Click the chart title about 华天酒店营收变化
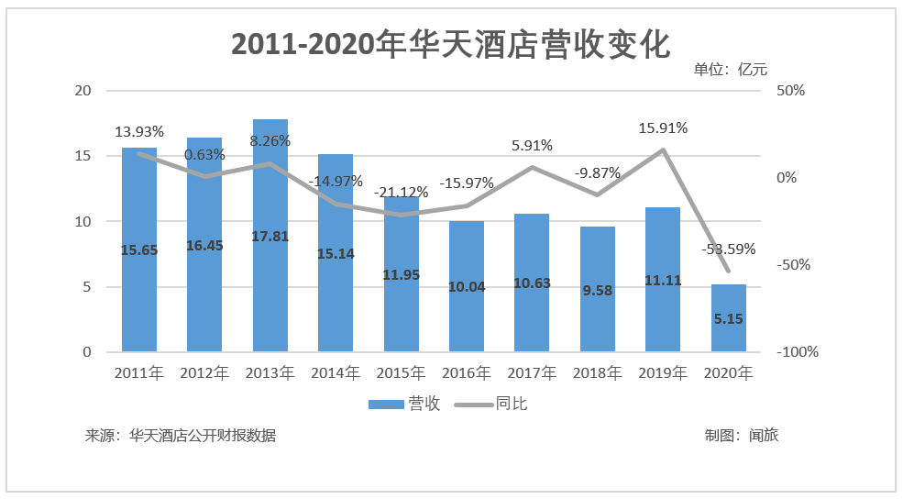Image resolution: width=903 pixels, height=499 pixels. click(x=451, y=44)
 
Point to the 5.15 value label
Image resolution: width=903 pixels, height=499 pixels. click(x=729, y=319)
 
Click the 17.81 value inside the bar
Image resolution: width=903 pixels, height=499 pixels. click(x=270, y=236)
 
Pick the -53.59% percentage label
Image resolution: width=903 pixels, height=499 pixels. click(x=731, y=249)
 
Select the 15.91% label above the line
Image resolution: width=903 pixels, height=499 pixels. click(x=663, y=128)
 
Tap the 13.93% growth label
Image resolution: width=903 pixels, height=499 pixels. click(x=139, y=132)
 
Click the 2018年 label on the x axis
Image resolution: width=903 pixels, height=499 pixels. click(x=597, y=373)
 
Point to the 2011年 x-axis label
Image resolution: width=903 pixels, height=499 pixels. click(x=139, y=373)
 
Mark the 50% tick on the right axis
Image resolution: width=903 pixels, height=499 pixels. click(x=790, y=91)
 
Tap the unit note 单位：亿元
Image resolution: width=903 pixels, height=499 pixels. click(x=730, y=69)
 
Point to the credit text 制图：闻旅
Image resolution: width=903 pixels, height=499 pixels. click(x=742, y=436)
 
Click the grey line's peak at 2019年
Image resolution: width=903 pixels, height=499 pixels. click(x=663, y=150)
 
